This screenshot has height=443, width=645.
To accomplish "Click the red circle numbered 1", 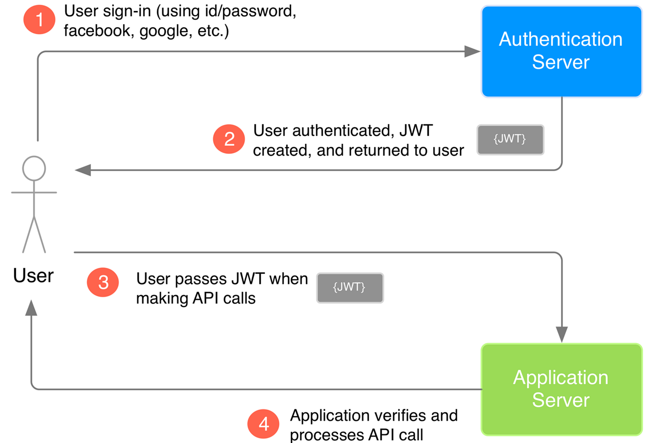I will point(39,19).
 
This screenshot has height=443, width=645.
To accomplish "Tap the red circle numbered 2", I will point(229,139).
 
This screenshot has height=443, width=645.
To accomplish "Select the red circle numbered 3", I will point(103,283).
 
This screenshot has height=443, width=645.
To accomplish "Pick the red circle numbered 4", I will point(264,424).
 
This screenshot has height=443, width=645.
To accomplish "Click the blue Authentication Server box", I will point(561,51).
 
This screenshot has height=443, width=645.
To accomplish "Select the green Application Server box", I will point(561,389).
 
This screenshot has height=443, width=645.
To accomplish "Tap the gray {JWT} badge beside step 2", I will point(510,140).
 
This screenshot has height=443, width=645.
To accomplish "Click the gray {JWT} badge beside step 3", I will point(350,288).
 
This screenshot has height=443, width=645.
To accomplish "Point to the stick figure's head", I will point(34,168).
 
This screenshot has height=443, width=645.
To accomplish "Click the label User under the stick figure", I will point(33,275).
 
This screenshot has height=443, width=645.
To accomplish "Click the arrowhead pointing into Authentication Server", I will point(472,51).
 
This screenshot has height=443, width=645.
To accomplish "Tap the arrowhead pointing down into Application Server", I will point(562,334).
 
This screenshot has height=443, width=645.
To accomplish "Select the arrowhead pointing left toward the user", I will point(83,170).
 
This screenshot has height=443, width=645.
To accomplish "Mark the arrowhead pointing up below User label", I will point(31,308).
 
